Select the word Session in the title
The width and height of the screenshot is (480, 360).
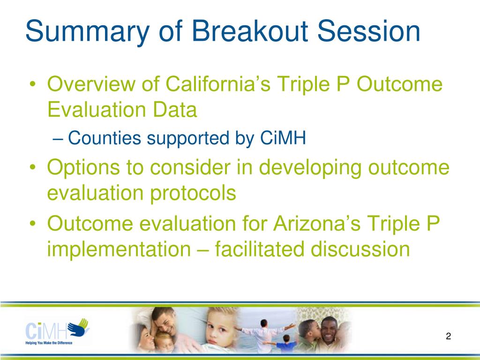(368, 31)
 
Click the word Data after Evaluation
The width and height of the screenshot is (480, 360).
(175, 109)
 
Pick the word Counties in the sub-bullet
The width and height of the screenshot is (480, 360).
(105, 138)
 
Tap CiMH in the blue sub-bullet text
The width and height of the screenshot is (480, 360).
(283, 138)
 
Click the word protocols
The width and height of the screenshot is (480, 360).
(193, 194)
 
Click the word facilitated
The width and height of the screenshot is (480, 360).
(260, 249)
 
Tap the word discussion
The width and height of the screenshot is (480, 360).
(360, 249)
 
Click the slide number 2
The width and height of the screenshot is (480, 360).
(449, 336)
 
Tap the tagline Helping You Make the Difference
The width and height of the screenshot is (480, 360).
(49, 343)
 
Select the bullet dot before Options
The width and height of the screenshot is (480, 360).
(33, 167)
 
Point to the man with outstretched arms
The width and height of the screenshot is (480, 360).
(264, 335)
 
